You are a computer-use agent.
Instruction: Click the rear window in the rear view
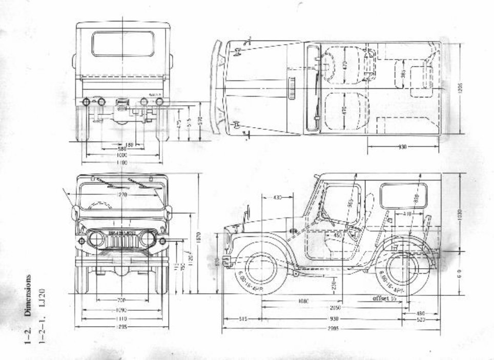[123, 44]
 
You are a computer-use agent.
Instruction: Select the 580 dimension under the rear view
[121, 149]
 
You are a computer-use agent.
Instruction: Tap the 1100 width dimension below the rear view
[122, 163]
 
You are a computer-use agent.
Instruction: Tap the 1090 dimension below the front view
[121, 310]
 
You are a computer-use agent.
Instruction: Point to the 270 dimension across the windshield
[121, 195]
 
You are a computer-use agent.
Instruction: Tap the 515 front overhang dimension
[243, 319]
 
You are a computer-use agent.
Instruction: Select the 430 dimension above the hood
[277, 197]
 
